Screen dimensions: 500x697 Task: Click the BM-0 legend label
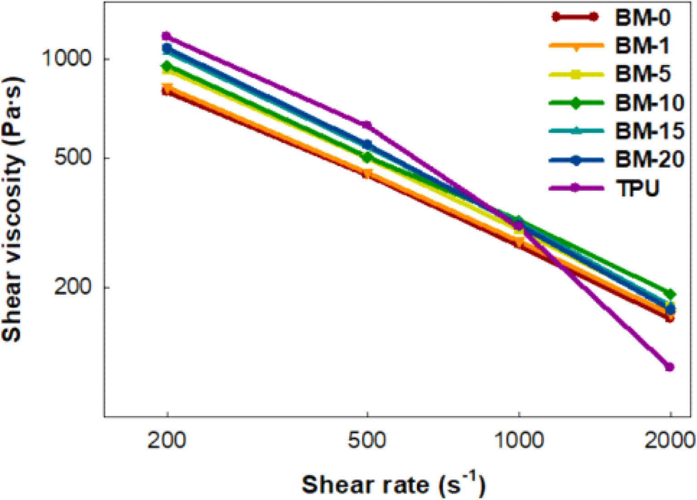[643, 18]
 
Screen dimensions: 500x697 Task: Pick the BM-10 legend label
[650, 103]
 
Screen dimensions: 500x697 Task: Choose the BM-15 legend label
[650, 131]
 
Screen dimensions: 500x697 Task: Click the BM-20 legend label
[650, 159]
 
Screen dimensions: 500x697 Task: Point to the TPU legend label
[637, 188]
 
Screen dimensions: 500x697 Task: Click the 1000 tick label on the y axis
[66, 59]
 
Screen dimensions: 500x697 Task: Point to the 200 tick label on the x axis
[167, 441]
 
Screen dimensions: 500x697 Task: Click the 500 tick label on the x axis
[367, 441]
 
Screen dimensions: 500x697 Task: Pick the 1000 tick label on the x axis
[519, 441]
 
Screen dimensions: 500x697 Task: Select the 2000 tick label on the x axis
[670, 441]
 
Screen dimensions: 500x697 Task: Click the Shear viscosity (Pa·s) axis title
[13, 209]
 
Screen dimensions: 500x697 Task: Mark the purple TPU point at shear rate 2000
[669, 367]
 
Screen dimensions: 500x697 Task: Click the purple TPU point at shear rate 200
[166, 36]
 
